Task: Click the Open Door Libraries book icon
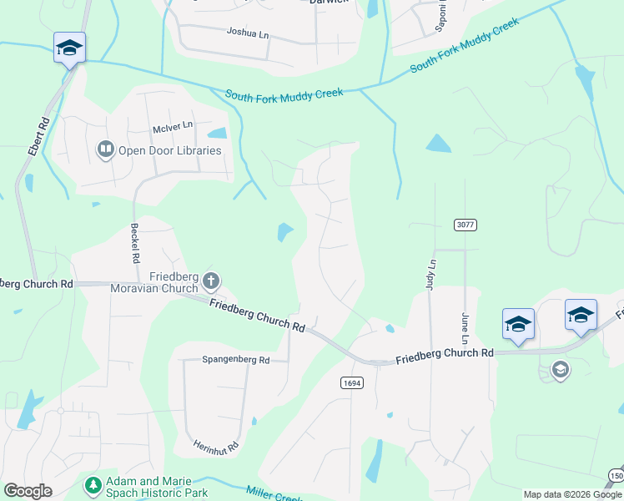pyautogui.click(x=105, y=150)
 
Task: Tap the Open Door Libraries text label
pyautogui.click(x=169, y=151)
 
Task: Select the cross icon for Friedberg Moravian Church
pyautogui.click(x=211, y=281)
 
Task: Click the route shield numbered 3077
pyautogui.click(x=465, y=225)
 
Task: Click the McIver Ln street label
pyautogui.click(x=173, y=126)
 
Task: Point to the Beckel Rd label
pyautogui.click(x=133, y=243)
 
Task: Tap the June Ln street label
pyautogui.click(x=465, y=329)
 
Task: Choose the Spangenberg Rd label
pyautogui.click(x=236, y=360)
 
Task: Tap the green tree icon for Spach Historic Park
pyautogui.click(x=92, y=484)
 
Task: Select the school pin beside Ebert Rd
pyautogui.click(x=69, y=48)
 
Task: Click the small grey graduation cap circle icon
pyautogui.click(x=561, y=369)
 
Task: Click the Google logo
pyautogui.click(x=28, y=491)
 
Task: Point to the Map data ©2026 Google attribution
pyautogui.click(x=572, y=494)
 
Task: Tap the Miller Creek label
pyautogui.click(x=275, y=494)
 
